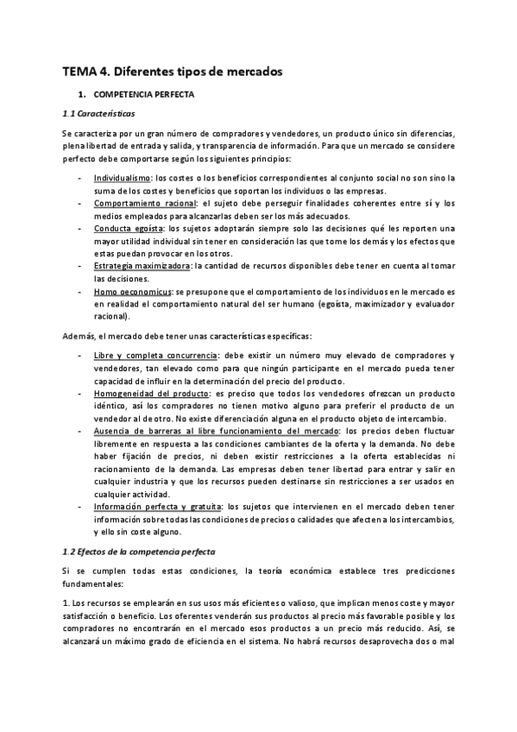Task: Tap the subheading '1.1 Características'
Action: tap(98, 113)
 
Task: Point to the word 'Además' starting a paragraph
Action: tap(79, 335)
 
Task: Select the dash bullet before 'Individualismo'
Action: tap(80, 178)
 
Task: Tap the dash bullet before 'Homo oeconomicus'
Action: tap(80, 292)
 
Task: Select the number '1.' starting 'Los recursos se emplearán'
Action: tap(66, 603)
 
